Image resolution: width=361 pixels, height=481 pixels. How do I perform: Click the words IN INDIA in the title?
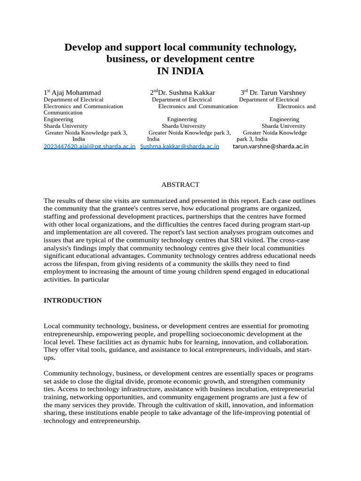click(x=180, y=71)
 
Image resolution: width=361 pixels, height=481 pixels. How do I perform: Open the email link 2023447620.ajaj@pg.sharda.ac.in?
click(x=89, y=146)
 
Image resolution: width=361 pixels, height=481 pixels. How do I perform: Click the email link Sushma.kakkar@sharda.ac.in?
click(x=180, y=146)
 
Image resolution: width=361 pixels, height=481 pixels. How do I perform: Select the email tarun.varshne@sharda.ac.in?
click(x=270, y=146)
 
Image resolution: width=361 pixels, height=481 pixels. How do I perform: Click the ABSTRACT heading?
click(x=180, y=185)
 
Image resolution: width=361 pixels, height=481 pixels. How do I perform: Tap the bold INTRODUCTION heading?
click(x=72, y=300)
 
